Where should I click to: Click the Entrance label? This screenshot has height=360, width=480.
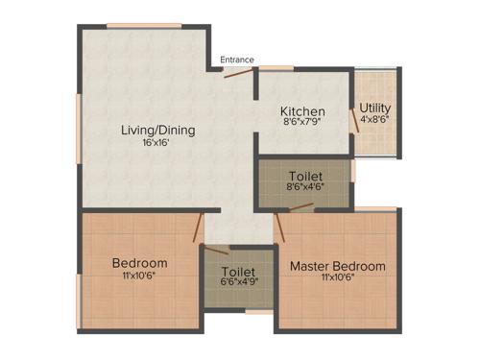(x=237, y=60)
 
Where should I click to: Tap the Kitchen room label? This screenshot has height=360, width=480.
(x=302, y=111)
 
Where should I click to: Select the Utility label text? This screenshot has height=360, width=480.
(x=374, y=108)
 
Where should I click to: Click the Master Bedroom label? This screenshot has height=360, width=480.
(x=338, y=266)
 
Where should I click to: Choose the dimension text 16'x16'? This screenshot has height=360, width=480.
(x=154, y=143)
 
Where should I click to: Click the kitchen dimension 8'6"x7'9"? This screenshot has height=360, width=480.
(x=302, y=123)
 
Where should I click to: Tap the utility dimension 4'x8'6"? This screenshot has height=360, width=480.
(x=374, y=120)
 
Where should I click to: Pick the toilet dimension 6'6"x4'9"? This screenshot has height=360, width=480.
(x=238, y=281)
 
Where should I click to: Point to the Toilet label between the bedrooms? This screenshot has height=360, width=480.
(x=238, y=270)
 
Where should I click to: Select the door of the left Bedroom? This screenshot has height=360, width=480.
(x=197, y=228)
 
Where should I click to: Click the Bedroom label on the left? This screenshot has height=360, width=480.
(x=139, y=263)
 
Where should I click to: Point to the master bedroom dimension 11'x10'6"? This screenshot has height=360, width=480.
(x=338, y=278)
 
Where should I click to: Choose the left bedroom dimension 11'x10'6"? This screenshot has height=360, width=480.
(x=139, y=276)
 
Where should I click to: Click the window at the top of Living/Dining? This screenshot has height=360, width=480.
(x=144, y=25)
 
